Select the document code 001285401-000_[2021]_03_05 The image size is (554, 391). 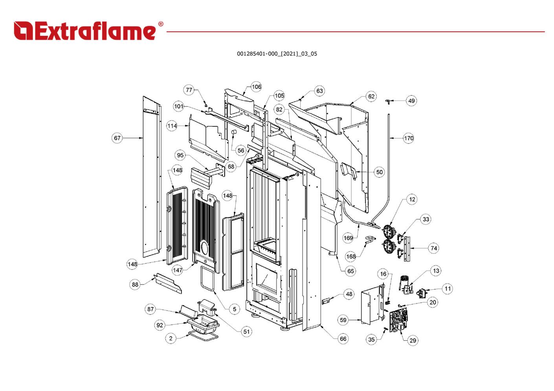pos(277,54)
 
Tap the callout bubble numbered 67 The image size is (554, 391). pos(117,138)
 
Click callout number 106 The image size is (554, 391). pos(256,87)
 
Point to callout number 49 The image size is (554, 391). pos(411,100)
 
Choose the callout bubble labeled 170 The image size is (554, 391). pos(409,138)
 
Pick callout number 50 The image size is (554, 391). pos(379,172)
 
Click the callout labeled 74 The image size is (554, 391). pos(434,248)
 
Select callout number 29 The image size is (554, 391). pos(413,340)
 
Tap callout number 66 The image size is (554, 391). pos(343,339)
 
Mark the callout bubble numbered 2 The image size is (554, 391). pos(171,338)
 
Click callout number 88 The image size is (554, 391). pos(135,284)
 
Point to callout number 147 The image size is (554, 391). pos(178,270)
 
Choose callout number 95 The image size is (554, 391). pos(180,155)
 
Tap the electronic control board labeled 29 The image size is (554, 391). pos(398,320)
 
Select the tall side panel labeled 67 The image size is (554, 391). pos(151,177)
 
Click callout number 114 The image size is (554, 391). pos(172,126)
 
